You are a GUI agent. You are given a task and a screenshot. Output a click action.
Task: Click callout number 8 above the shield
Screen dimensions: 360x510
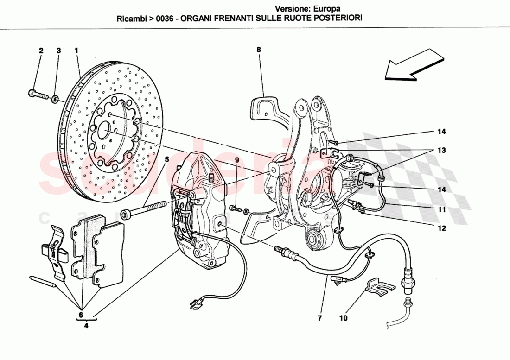pyautogui.click(x=259, y=50)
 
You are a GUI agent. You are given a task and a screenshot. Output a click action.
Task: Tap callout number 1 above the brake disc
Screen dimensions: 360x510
pyautogui.click(x=76, y=50)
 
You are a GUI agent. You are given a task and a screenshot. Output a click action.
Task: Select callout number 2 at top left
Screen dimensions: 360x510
pyautogui.click(x=41, y=50)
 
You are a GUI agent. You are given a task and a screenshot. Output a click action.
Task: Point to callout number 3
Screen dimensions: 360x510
pyautogui.click(x=58, y=50)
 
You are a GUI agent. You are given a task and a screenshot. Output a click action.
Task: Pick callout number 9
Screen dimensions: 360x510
pyautogui.click(x=236, y=160)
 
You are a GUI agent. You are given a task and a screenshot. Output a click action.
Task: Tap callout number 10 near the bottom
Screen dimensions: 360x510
pyautogui.click(x=343, y=318)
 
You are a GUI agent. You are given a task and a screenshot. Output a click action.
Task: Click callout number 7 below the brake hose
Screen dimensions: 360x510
pyautogui.click(x=319, y=318)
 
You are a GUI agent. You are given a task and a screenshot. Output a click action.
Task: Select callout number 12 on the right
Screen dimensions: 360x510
pyautogui.click(x=441, y=228)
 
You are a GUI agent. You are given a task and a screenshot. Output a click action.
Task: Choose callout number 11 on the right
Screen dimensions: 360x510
pyautogui.click(x=441, y=209)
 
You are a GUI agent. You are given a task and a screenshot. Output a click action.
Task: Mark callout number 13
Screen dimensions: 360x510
pyautogui.click(x=441, y=151)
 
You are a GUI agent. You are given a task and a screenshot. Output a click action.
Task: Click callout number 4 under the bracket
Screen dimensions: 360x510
pyautogui.click(x=86, y=325)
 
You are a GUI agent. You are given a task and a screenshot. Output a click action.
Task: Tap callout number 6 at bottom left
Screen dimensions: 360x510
pyautogui.click(x=80, y=315)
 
